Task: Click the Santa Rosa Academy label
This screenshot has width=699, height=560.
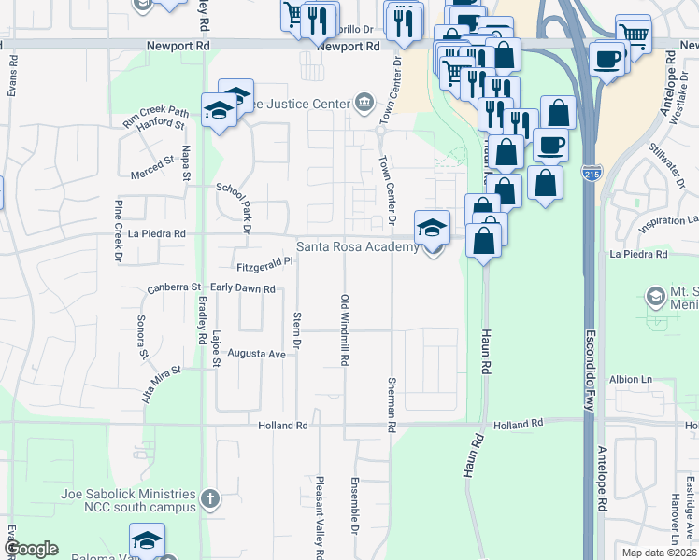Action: pyautogui.click(x=358, y=247)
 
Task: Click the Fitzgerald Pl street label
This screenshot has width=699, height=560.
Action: pyautogui.click(x=265, y=266)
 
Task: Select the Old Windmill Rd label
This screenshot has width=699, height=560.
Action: pyautogui.click(x=345, y=330)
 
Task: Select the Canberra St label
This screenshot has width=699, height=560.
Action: pyautogui.click(x=175, y=288)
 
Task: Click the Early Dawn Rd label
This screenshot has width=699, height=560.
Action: pyautogui.click(x=242, y=289)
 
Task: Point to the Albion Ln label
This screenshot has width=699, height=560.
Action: pyautogui.click(x=631, y=380)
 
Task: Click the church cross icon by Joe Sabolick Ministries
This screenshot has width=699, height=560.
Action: pyautogui.click(x=210, y=499)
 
